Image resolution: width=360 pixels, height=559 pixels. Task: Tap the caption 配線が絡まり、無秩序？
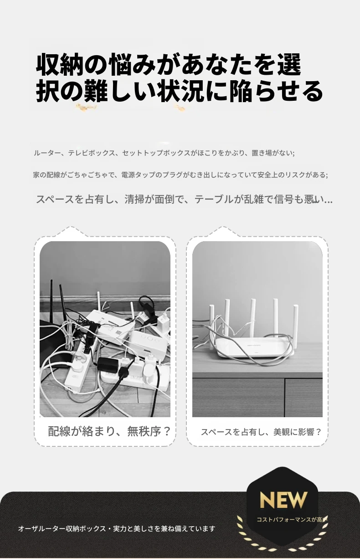tap(109, 431)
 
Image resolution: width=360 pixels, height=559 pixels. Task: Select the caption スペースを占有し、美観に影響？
tap(261, 432)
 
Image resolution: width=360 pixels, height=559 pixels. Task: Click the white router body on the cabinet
tap(254, 347)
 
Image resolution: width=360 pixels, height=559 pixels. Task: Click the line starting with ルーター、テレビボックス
tap(164, 153)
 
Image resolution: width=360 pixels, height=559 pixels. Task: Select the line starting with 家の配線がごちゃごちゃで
tap(180, 175)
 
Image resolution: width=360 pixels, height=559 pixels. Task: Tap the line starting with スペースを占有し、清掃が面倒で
tap(184, 199)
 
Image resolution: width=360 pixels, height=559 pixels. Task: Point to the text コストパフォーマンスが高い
tap(292, 520)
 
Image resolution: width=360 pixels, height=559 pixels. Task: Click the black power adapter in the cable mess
tap(108, 365)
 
